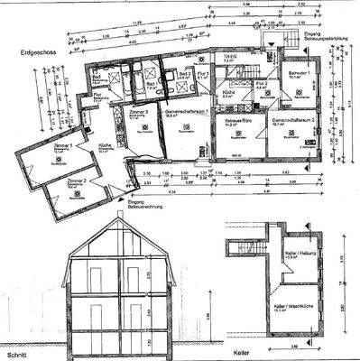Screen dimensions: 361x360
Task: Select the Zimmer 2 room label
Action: point(76,180)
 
